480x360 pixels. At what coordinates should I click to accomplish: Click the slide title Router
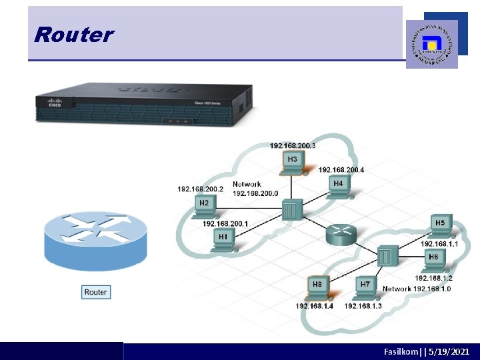point(74,35)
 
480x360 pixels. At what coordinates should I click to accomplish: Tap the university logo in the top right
point(432,44)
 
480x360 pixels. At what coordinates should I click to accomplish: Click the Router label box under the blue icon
point(95,292)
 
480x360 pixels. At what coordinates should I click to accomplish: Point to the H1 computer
point(223,239)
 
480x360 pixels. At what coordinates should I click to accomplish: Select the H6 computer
point(433,259)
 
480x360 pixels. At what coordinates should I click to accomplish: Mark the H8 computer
point(317,287)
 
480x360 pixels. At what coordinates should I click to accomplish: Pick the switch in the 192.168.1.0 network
point(387,255)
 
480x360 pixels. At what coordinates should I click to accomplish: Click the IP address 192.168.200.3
point(293,145)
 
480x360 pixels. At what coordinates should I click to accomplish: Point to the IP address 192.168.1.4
point(315,306)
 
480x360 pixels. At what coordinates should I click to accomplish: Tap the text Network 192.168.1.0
point(417,289)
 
